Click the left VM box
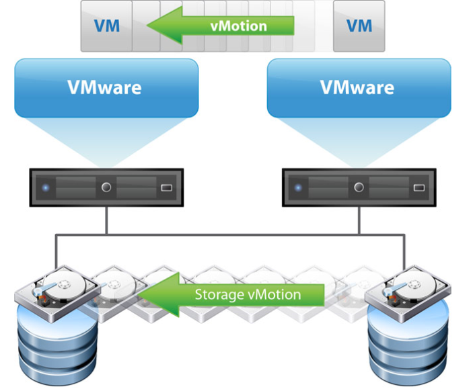[x=106, y=26]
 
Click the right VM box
[x=359, y=26]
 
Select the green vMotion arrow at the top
[x=222, y=26]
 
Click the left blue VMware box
[x=106, y=87]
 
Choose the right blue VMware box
[x=359, y=87]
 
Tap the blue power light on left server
[x=45, y=187]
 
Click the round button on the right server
[x=359, y=187]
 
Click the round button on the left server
[x=106, y=187]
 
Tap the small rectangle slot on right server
[x=419, y=187]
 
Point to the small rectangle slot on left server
[x=166, y=187]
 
